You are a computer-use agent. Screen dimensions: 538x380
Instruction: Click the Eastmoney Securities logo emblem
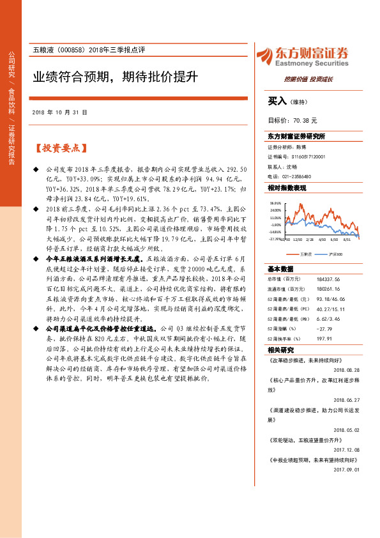(x=265, y=56)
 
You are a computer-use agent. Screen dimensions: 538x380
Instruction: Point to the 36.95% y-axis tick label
(x=275, y=203)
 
